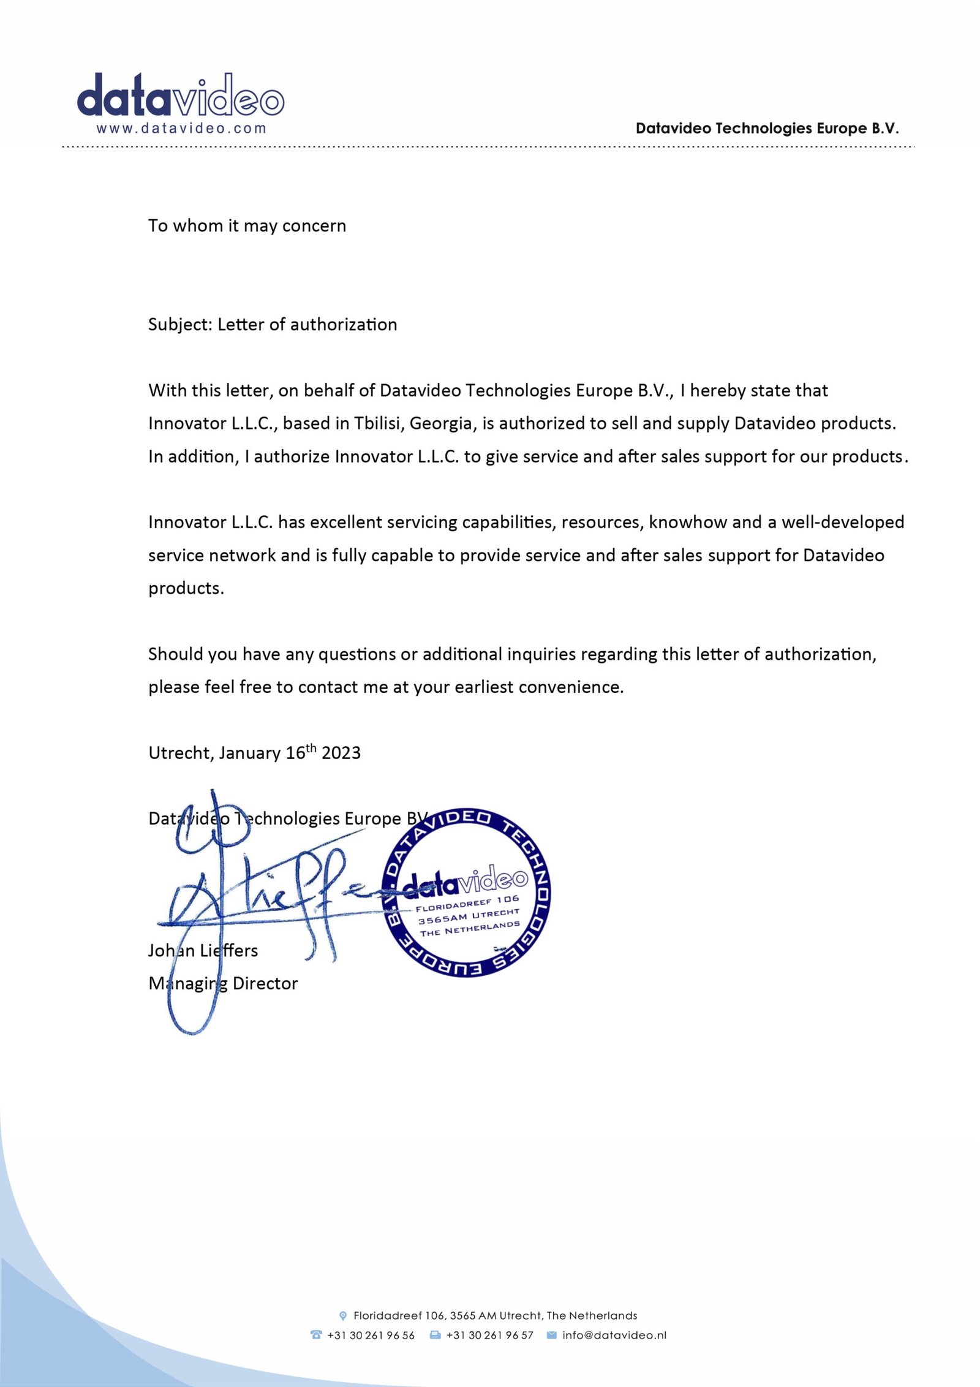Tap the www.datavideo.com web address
pos(181,129)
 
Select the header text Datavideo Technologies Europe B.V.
pos(767,128)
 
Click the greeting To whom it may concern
pos(247,225)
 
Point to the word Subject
pos(179,324)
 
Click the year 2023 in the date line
pos(341,753)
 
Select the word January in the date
pos(250,753)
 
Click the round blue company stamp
pos(467,892)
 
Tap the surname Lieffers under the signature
pos(229,950)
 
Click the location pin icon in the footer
pos(343,1315)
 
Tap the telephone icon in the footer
pos(316,1334)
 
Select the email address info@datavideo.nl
pos(614,1335)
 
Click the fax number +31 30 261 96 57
pos(489,1335)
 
